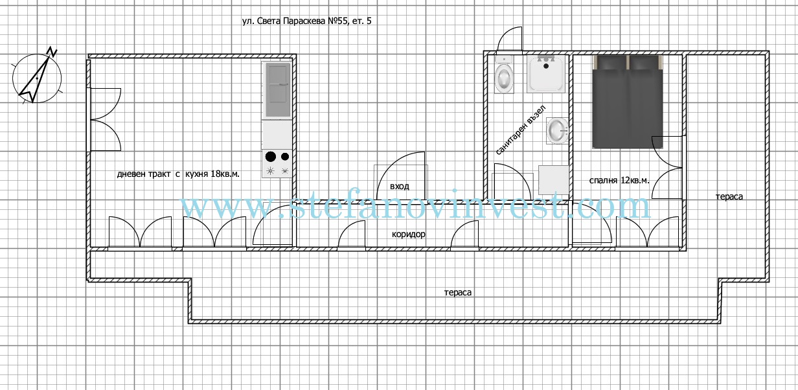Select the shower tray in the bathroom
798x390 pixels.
(x=546, y=74)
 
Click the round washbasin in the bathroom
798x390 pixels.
(x=558, y=131)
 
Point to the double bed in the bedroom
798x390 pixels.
(x=628, y=102)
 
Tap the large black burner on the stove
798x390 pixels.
(x=271, y=156)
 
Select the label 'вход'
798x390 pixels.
(x=400, y=187)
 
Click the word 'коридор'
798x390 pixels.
(x=408, y=234)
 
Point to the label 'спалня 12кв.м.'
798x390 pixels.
(x=619, y=181)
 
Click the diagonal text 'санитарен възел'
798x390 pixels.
(x=521, y=130)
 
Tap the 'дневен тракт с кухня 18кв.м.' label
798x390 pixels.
(x=178, y=174)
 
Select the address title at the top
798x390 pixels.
(x=307, y=21)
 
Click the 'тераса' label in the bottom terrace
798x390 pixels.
(x=458, y=292)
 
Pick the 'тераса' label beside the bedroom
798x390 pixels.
(x=729, y=196)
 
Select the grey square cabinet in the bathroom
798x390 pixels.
(x=553, y=180)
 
